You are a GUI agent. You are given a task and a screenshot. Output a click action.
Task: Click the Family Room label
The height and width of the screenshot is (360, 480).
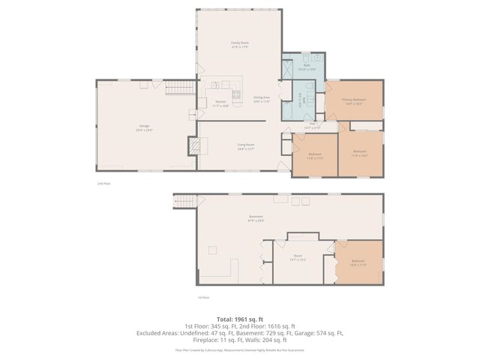[x=239, y=43]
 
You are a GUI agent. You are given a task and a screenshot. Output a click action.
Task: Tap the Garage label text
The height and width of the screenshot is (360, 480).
[x=142, y=127]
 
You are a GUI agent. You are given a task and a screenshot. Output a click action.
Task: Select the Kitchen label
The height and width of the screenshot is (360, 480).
[x=220, y=102]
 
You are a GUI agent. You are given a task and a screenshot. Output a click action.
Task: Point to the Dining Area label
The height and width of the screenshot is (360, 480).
[x=261, y=97]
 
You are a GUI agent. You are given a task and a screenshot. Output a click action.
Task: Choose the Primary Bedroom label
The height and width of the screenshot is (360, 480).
[x=354, y=99]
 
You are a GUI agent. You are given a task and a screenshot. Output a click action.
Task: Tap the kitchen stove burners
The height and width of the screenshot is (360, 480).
[x=236, y=94]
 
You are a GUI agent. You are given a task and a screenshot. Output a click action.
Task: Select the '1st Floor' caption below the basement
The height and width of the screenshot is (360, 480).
[x=202, y=297]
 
